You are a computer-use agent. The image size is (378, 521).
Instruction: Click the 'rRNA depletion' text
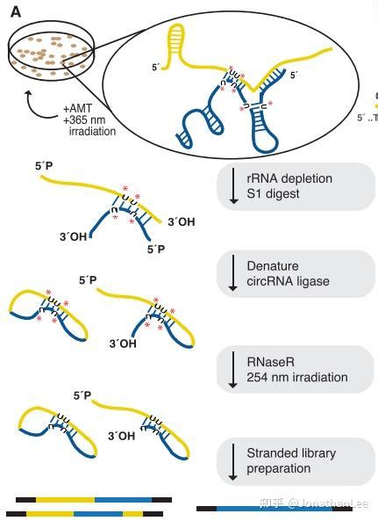pos(289,178)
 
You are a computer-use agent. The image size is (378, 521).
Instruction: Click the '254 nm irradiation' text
pos(297,378)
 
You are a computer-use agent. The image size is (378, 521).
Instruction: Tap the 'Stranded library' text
pos(291,453)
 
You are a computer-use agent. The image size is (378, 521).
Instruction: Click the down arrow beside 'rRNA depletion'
pos(233,186)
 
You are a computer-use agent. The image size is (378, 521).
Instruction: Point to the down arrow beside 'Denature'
pos(233,274)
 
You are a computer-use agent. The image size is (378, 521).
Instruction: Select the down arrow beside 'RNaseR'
pos(233,371)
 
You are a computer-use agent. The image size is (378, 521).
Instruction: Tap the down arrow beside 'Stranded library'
pos(233,461)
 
